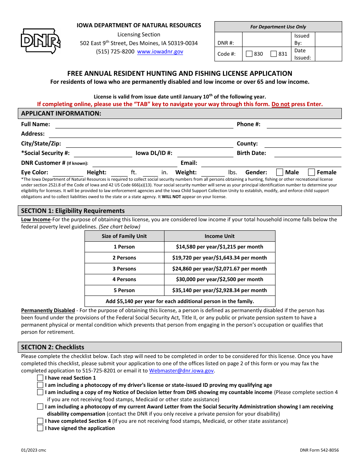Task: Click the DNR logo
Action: (40, 41)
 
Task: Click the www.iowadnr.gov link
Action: (160, 52)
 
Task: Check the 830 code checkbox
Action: (249, 54)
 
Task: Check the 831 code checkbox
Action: (274, 54)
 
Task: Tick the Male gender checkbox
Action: (280, 172)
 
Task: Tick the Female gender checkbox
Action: (311, 172)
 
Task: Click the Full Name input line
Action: (144, 125)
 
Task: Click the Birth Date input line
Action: (307, 154)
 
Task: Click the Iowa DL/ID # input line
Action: (205, 154)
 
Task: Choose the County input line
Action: (302, 144)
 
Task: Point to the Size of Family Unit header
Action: (124, 236)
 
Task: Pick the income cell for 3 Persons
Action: (219, 269)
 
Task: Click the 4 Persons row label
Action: (124, 279)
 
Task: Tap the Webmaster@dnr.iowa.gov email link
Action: (182, 371)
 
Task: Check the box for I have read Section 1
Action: (40, 378)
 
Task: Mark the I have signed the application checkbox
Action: (40, 428)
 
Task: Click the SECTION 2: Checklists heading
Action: (53, 347)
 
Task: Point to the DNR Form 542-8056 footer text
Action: (319, 450)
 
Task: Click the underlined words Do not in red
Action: (280, 104)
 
